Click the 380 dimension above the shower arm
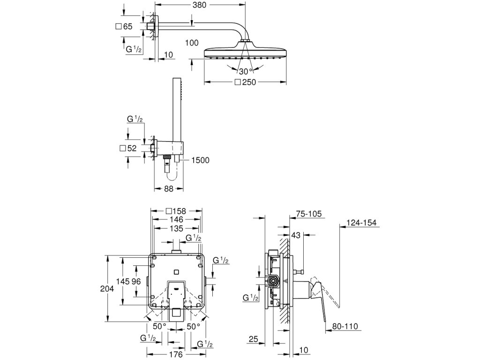pyautogui.click(x=200, y=5)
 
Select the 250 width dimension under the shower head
pyautogui.click(x=249, y=82)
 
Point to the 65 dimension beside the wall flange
pyautogui.click(x=127, y=26)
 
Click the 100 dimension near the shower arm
pyautogui.click(x=192, y=43)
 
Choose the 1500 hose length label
pyautogui.click(x=201, y=160)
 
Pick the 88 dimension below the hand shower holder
pyautogui.click(x=169, y=189)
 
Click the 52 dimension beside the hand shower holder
pyautogui.click(x=132, y=148)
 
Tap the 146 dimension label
pyautogui.click(x=177, y=219)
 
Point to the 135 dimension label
pyautogui.click(x=177, y=228)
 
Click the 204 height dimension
pyautogui.click(x=107, y=289)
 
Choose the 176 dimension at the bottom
pyautogui.click(x=176, y=354)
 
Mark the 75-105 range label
pyautogui.click(x=309, y=214)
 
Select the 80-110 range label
pyautogui.click(x=345, y=327)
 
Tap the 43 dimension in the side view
pyautogui.click(x=296, y=235)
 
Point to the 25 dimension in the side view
pyautogui.click(x=253, y=339)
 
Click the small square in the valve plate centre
pyautogui.click(x=176, y=272)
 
